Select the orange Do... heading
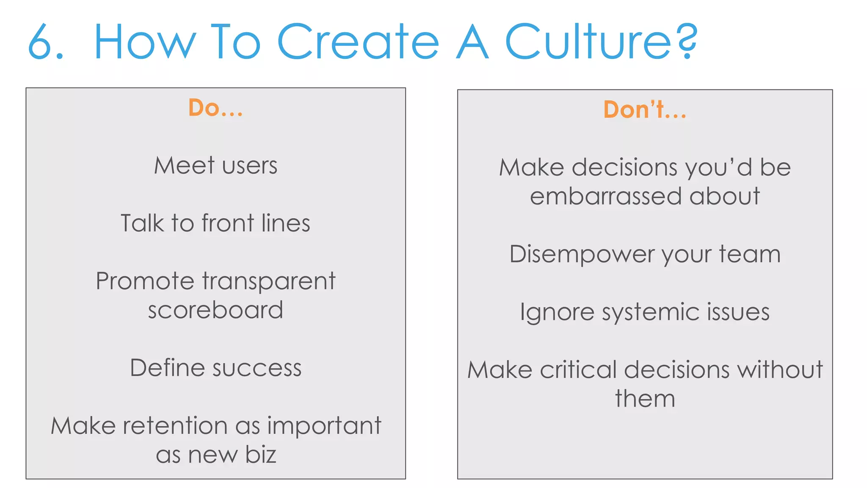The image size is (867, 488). click(x=215, y=108)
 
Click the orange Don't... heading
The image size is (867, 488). click(x=644, y=110)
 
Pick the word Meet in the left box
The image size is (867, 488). click(x=184, y=165)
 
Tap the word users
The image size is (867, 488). click(x=250, y=166)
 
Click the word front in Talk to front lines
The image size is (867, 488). click(x=228, y=223)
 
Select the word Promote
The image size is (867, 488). click(x=145, y=282)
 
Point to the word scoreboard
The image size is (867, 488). click(x=215, y=310)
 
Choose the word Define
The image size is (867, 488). click(x=168, y=368)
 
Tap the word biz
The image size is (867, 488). click(x=260, y=455)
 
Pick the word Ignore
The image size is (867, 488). click(x=557, y=313)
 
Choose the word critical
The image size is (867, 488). click(x=578, y=370)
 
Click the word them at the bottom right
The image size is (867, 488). click(x=645, y=399)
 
